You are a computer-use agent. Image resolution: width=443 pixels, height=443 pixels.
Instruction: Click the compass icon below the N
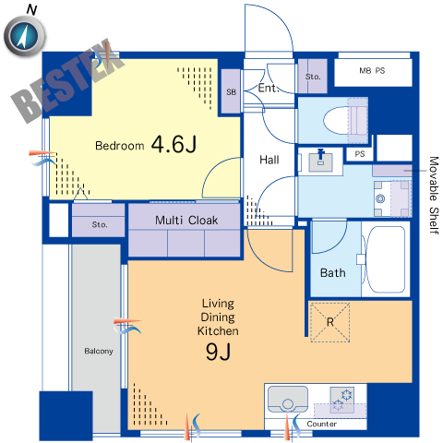pos(25,36)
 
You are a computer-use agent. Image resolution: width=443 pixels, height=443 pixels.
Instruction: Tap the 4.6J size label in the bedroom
pos(174,144)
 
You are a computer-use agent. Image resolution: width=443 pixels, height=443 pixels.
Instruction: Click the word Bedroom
pos(120,146)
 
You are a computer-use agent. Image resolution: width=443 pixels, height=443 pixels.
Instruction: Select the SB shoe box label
pos(232,91)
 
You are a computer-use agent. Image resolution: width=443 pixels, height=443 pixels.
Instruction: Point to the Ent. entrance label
pos(269,88)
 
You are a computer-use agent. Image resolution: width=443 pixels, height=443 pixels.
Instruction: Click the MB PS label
pos(372,71)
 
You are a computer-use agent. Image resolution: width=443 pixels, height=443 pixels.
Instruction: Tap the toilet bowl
pos(345,120)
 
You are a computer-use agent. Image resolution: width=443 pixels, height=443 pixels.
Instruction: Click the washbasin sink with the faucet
pos(320,161)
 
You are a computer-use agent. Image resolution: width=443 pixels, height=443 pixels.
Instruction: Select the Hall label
pos(269,160)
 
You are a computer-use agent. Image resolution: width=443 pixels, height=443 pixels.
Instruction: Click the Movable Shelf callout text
pos(434,196)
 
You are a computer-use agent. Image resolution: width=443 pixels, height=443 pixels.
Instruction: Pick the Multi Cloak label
pos(186,221)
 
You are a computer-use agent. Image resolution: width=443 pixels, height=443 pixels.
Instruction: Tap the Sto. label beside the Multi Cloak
pos(100,224)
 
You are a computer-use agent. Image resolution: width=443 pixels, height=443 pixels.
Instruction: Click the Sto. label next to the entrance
pos(313,77)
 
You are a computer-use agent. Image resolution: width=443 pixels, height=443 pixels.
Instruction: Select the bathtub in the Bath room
pos(386,259)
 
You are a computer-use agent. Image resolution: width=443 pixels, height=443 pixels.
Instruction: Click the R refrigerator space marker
pos(330,322)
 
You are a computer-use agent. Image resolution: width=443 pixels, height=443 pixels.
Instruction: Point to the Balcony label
pos(99,351)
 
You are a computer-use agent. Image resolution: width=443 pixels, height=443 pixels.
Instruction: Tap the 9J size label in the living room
pos(218,352)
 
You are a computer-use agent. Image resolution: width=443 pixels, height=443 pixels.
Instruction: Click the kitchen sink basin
pos(288,400)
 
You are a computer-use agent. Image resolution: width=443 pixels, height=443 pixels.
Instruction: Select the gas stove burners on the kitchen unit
pos(342,400)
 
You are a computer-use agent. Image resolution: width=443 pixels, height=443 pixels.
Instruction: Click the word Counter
pos(321,424)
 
